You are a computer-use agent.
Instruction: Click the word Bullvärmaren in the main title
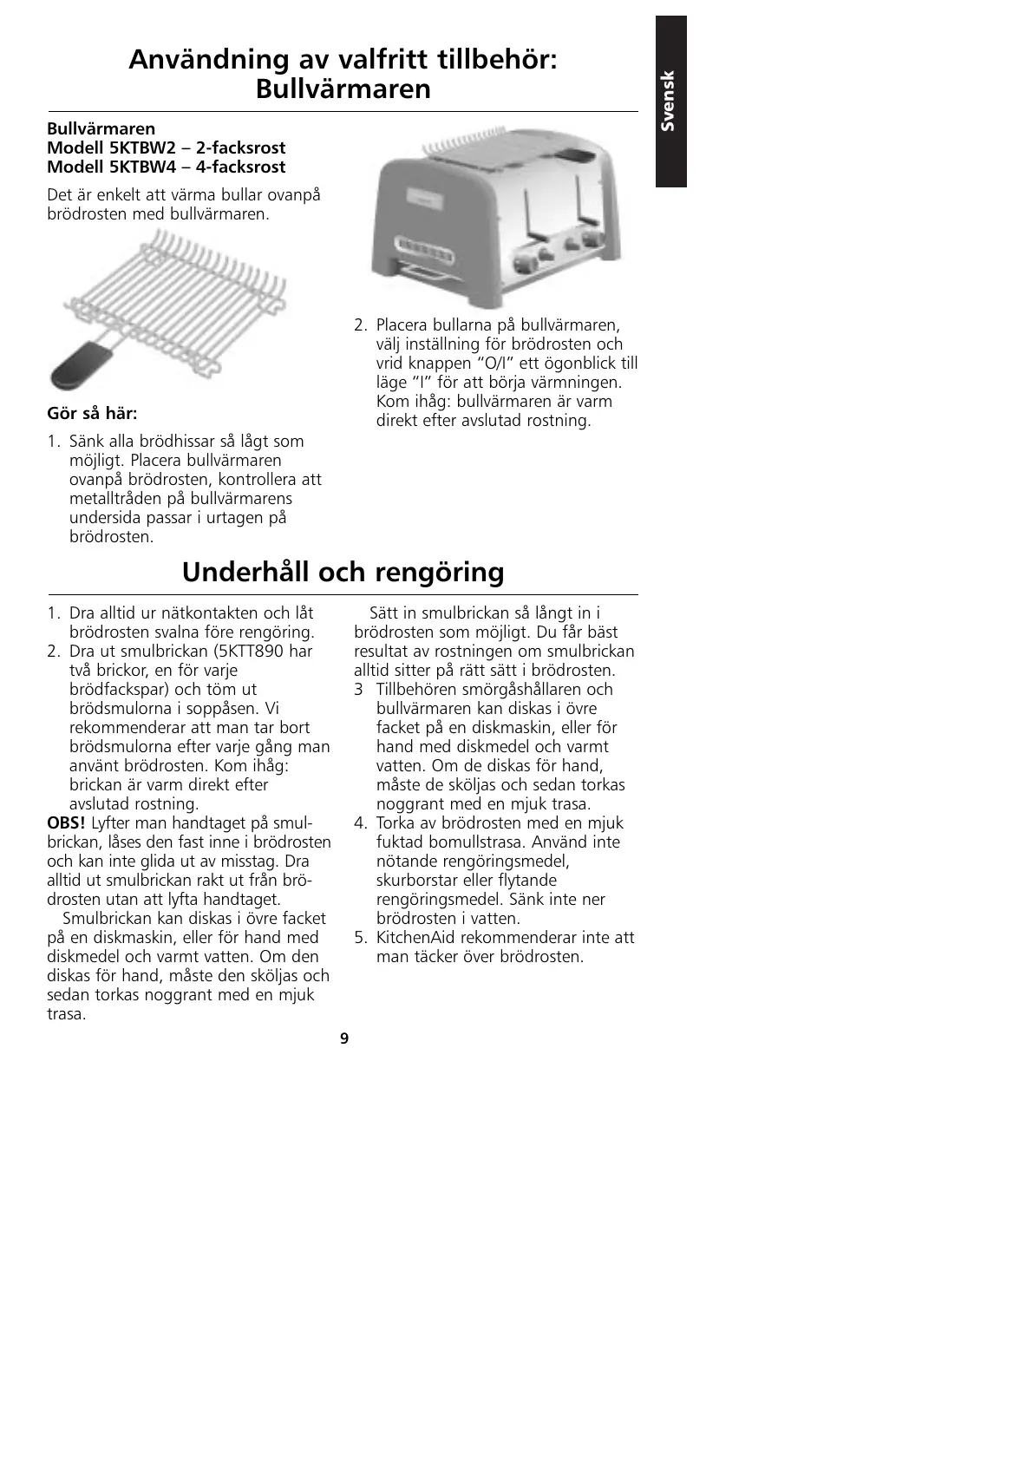point(343,89)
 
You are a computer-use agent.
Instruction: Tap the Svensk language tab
point(670,101)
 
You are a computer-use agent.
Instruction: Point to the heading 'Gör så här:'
point(92,413)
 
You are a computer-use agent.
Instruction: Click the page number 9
point(344,1038)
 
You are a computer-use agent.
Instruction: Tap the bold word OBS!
point(66,823)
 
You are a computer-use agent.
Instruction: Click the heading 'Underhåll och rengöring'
point(343,573)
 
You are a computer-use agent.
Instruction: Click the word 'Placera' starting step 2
point(405,325)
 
